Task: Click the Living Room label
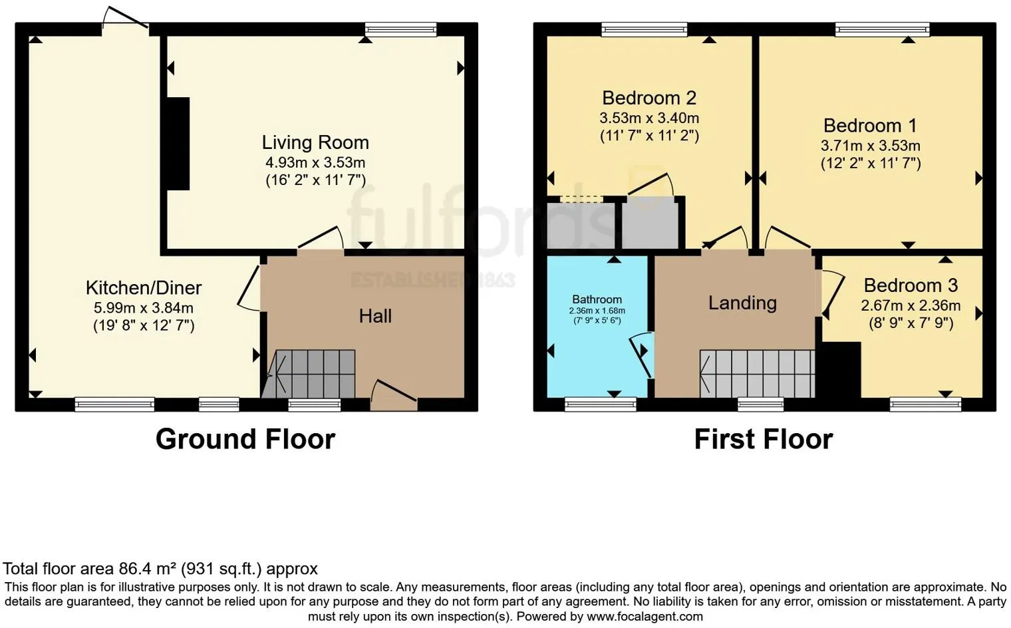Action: [x=315, y=142]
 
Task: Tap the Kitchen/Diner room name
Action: [x=144, y=287]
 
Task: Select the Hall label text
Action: [x=375, y=316]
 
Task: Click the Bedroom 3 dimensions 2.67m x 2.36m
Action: [x=911, y=305]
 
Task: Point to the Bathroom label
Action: [x=597, y=299]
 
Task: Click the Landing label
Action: [x=742, y=303]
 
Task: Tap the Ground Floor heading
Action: [x=245, y=439]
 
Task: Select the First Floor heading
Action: [x=763, y=439]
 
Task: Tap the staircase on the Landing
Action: [x=758, y=374]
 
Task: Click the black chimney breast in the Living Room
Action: [x=178, y=144]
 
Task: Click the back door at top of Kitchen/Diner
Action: [x=125, y=20]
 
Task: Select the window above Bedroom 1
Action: [x=882, y=29]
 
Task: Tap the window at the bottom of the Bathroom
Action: [x=600, y=404]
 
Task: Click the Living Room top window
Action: [x=400, y=29]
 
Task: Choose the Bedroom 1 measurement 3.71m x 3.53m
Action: [x=870, y=146]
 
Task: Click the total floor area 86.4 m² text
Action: [x=160, y=569]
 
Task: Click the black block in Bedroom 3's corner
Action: [x=840, y=370]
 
